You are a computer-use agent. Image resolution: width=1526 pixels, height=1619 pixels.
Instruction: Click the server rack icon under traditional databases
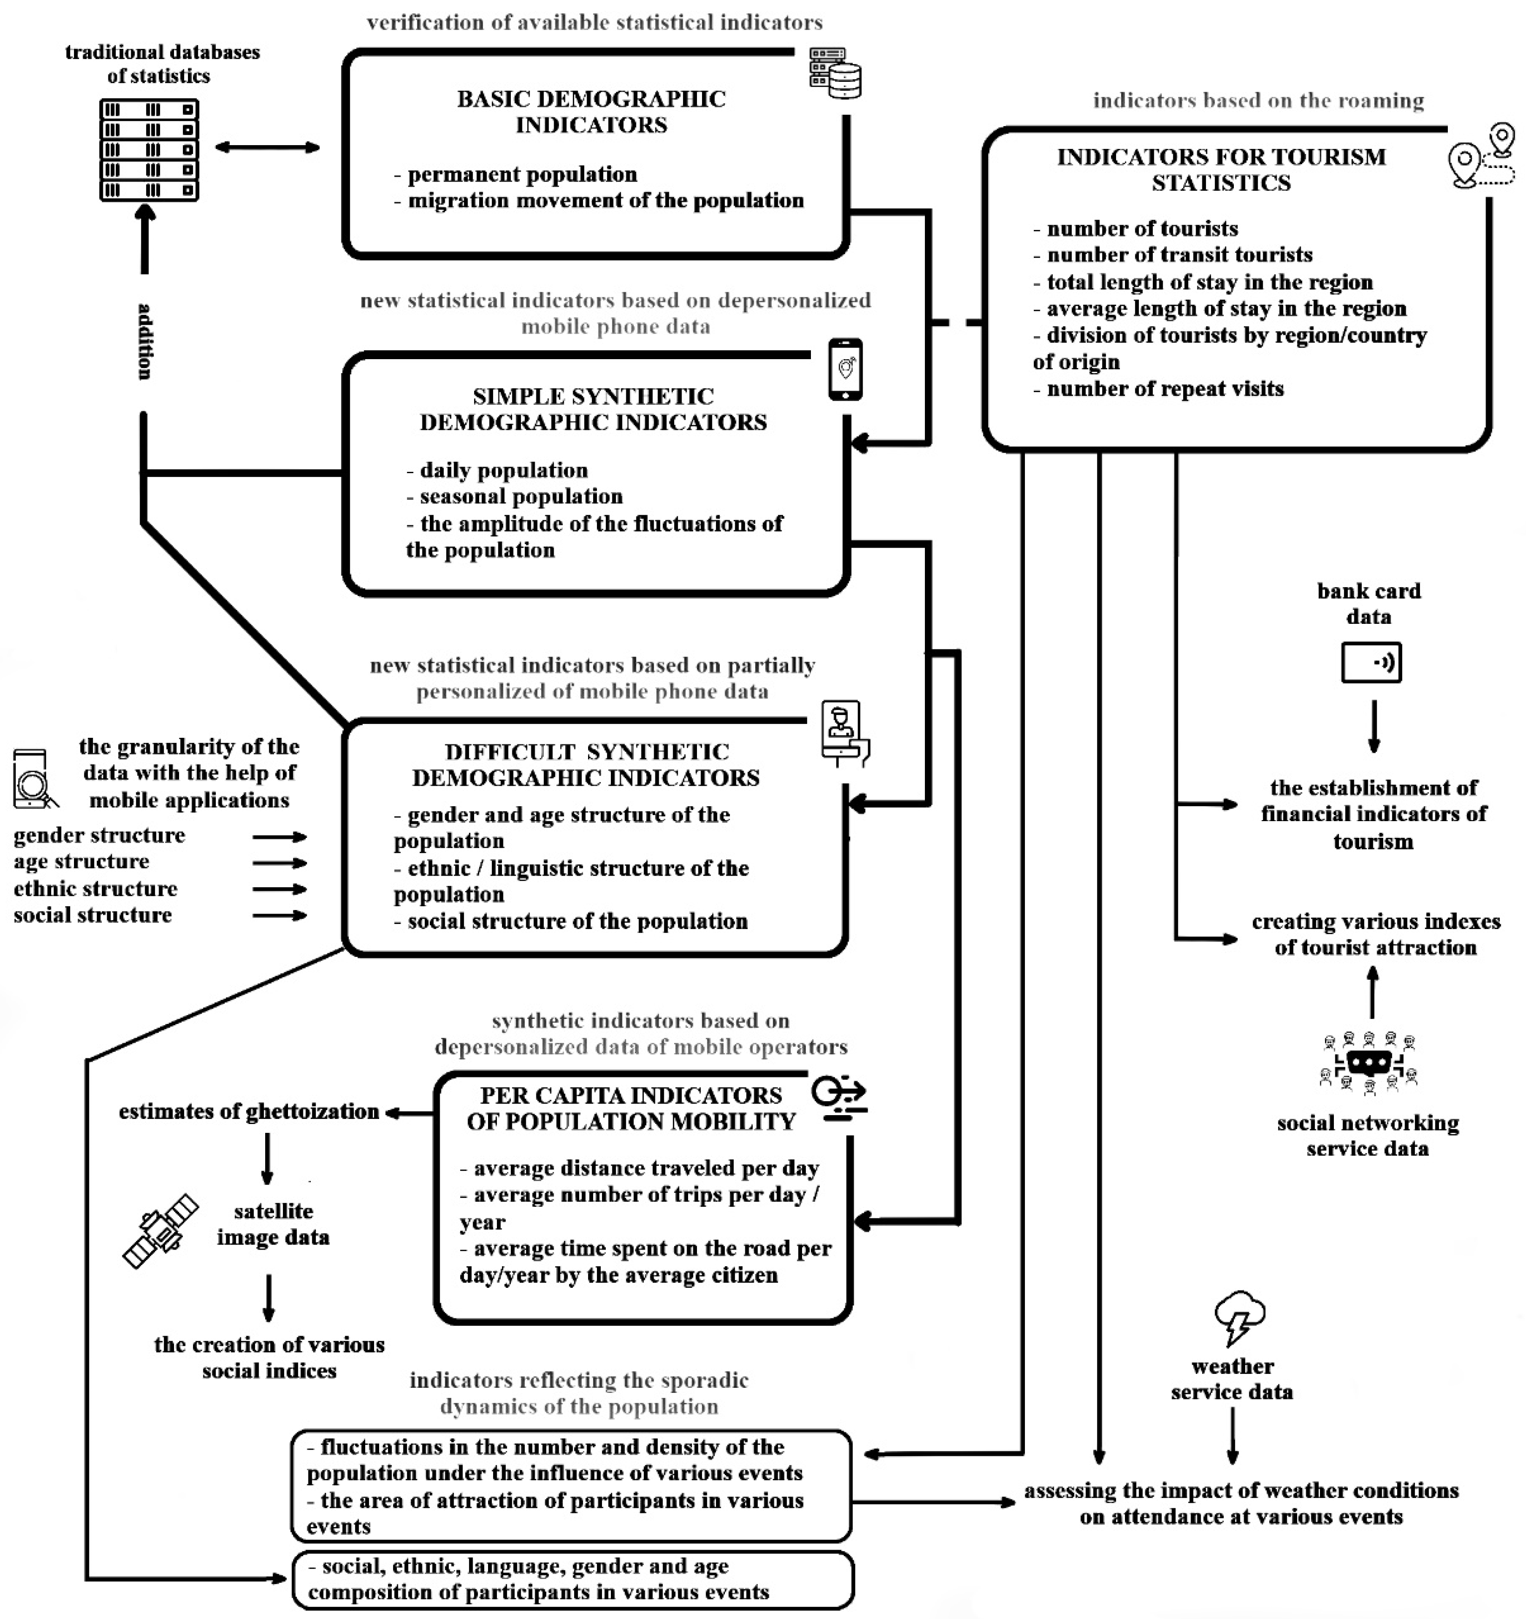click(149, 150)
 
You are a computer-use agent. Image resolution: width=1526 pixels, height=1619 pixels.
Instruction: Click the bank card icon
click(1371, 662)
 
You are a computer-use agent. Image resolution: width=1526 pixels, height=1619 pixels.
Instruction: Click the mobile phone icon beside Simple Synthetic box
click(845, 370)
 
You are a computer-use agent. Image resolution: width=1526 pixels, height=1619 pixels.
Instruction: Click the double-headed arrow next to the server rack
click(267, 147)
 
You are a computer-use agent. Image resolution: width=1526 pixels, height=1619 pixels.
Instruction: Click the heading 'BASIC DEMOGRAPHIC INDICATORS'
click(591, 112)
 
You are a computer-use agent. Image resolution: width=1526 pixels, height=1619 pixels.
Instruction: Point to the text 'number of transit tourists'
click(1179, 255)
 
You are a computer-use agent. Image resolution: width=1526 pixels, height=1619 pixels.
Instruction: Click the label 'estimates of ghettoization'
click(248, 1111)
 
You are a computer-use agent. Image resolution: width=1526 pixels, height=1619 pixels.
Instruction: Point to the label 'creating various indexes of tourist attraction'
click(1375, 934)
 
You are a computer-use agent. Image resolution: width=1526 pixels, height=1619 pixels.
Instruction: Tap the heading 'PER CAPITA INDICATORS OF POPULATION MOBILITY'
click(630, 1108)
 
